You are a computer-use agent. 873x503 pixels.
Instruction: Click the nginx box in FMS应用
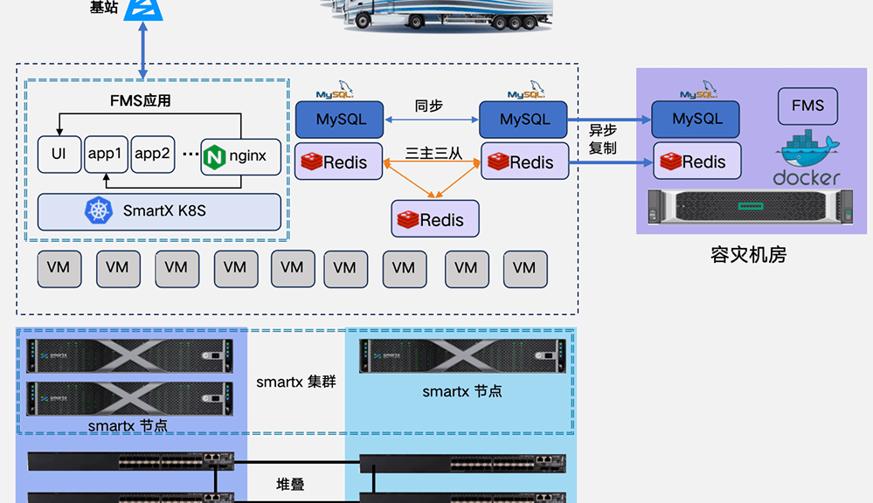240,157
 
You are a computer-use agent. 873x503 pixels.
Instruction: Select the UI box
59,155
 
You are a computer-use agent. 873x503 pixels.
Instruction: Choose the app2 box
153,155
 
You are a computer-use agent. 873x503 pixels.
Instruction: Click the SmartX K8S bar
159,211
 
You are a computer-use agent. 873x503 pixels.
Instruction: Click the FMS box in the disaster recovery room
807,106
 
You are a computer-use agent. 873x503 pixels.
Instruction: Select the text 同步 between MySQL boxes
428,106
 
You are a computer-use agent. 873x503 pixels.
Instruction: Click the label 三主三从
433,153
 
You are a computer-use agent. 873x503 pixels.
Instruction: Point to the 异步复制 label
603,139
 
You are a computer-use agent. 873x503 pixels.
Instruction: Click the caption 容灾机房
748,254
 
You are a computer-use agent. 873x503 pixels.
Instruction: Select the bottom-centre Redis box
435,218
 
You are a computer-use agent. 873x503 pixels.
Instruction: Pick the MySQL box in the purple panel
696,119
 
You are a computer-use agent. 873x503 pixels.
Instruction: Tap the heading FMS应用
140,100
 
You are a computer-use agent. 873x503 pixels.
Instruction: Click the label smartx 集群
295,382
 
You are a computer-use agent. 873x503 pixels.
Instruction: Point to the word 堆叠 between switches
290,484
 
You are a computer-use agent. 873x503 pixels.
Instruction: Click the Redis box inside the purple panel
696,162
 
